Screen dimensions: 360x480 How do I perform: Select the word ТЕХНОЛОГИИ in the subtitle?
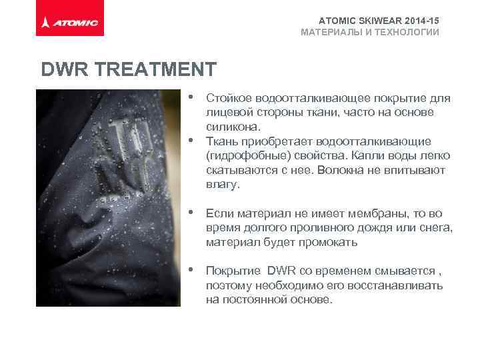click(x=403, y=32)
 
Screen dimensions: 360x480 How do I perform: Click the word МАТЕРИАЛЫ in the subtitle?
click(x=328, y=32)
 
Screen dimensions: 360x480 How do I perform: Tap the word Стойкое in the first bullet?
click(x=228, y=99)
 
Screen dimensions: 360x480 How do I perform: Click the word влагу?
click(x=222, y=184)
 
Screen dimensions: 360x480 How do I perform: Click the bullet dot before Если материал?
click(x=191, y=213)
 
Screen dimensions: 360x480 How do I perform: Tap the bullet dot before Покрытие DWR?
click(x=191, y=270)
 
